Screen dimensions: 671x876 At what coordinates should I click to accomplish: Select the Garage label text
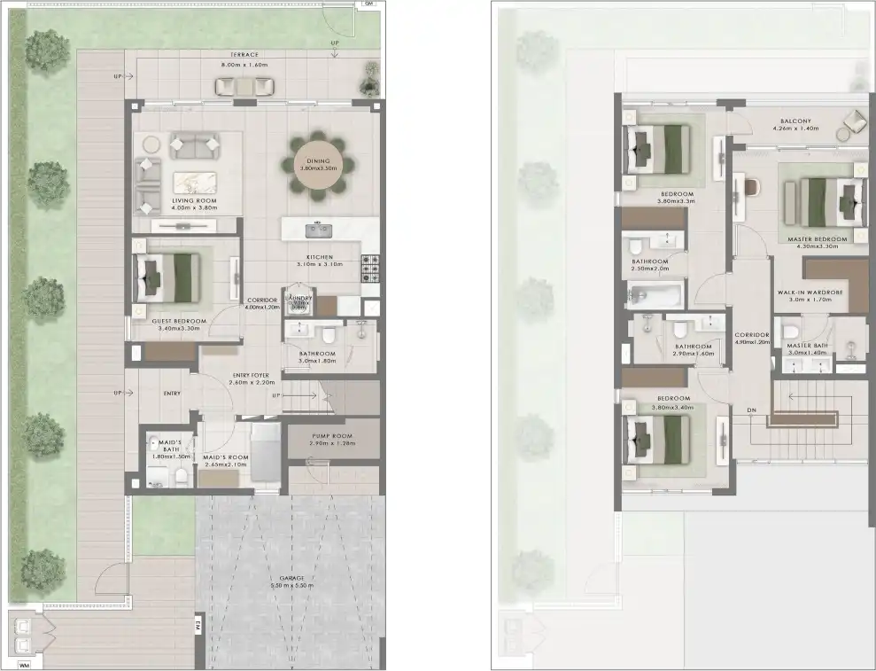tap(291, 579)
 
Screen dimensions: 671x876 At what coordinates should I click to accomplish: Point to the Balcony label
tap(795, 121)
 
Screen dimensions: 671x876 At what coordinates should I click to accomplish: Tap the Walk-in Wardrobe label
tap(810, 292)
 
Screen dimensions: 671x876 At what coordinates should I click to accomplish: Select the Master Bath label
tap(806, 345)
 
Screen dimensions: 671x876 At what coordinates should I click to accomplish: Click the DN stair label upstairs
tap(751, 410)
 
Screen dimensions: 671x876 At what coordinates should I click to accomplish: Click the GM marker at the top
tap(368, 4)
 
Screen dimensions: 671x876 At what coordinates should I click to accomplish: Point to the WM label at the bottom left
tap(24, 664)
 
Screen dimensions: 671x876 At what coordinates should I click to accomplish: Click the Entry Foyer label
tap(251, 375)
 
